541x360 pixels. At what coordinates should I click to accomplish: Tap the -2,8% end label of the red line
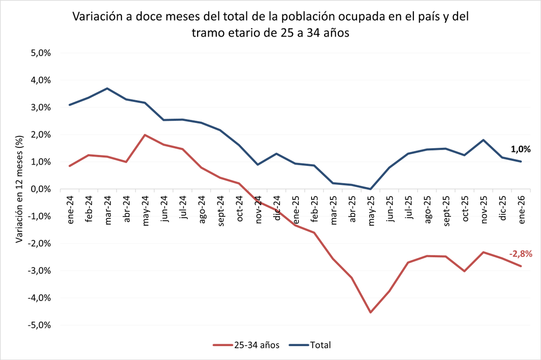(x=521, y=254)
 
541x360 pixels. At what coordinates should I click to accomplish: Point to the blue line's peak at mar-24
(x=107, y=88)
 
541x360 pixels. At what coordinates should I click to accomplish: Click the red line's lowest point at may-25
(x=370, y=312)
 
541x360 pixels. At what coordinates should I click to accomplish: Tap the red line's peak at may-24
(x=145, y=135)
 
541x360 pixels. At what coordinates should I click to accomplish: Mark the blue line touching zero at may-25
(x=370, y=189)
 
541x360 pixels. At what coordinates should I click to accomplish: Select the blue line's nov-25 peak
(x=483, y=140)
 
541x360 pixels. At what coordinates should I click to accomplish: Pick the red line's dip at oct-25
(x=464, y=271)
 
